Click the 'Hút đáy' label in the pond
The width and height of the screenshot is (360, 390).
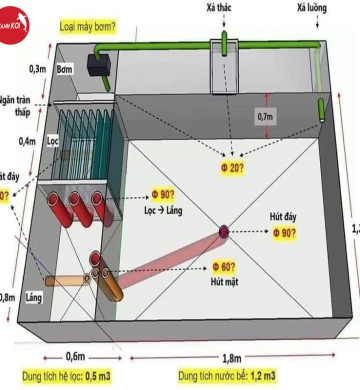pyautogui.click(x=286, y=217)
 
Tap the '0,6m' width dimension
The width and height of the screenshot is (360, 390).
pyautogui.click(x=75, y=356)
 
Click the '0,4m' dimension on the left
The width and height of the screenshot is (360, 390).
pyautogui.click(x=29, y=141)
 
